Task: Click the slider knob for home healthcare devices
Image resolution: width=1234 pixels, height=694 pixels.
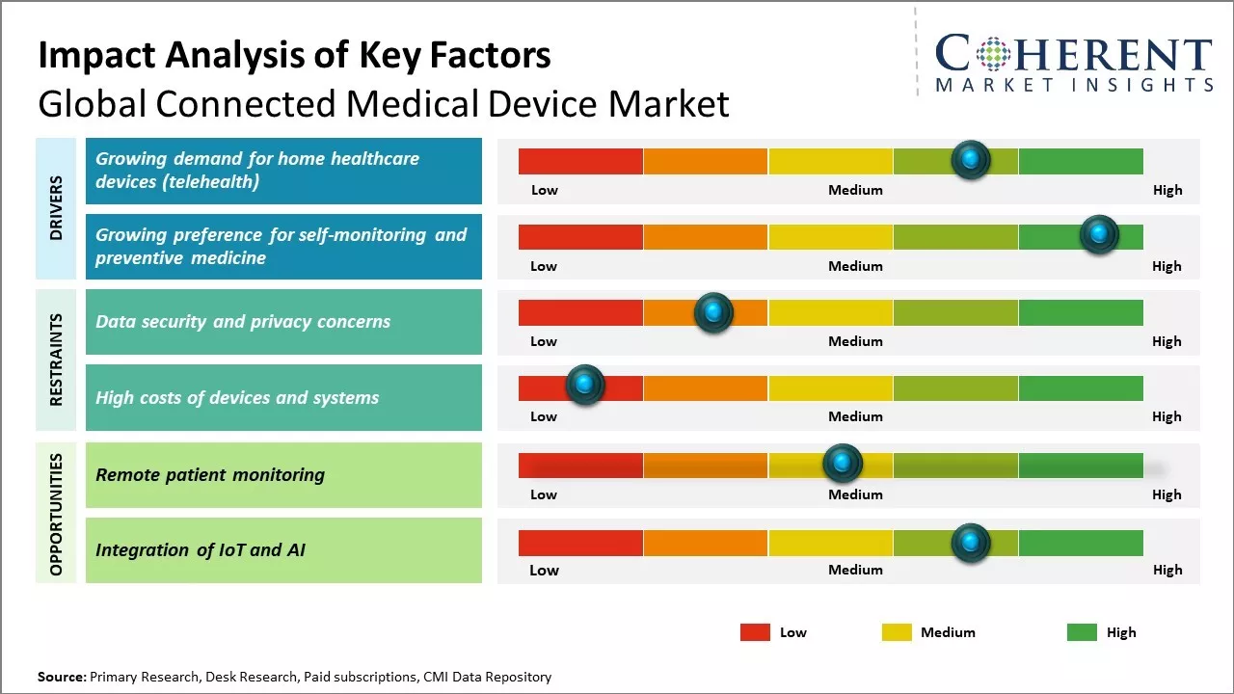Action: click(x=971, y=159)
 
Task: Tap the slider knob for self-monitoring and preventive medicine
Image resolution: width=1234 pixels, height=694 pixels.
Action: click(x=1098, y=234)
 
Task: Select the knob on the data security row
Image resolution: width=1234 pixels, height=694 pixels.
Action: click(x=713, y=311)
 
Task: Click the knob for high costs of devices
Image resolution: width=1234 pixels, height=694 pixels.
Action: click(x=584, y=385)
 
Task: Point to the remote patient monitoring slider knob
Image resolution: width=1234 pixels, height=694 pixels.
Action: click(x=843, y=464)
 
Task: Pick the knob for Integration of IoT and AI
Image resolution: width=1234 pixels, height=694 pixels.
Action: click(x=971, y=543)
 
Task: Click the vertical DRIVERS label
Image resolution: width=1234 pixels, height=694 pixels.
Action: click(x=56, y=208)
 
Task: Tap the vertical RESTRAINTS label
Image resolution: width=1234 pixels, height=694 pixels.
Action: click(x=56, y=360)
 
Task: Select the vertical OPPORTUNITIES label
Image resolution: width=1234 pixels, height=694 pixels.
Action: click(x=56, y=514)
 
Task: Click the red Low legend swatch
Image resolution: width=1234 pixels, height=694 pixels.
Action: click(x=755, y=632)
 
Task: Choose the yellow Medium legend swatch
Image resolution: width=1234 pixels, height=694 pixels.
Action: click(x=897, y=632)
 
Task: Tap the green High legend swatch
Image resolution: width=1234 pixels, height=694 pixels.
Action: click(x=1082, y=632)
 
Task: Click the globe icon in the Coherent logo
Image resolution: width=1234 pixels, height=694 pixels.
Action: click(x=992, y=54)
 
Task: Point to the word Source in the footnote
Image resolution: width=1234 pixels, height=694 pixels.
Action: click(x=61, y=677)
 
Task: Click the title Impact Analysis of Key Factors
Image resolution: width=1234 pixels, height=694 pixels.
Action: click(x=294, y=55)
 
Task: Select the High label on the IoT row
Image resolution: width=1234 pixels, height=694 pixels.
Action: click(x=1167, y=570)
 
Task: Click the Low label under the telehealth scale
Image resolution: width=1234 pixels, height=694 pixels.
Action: click(x=545, y=190)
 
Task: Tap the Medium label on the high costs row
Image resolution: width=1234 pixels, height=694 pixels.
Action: click(x=855, y=416)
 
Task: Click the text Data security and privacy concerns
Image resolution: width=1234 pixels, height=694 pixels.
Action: click(x=243, y=322)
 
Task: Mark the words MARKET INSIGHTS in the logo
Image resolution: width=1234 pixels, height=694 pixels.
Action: click(x=1074, y=85)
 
